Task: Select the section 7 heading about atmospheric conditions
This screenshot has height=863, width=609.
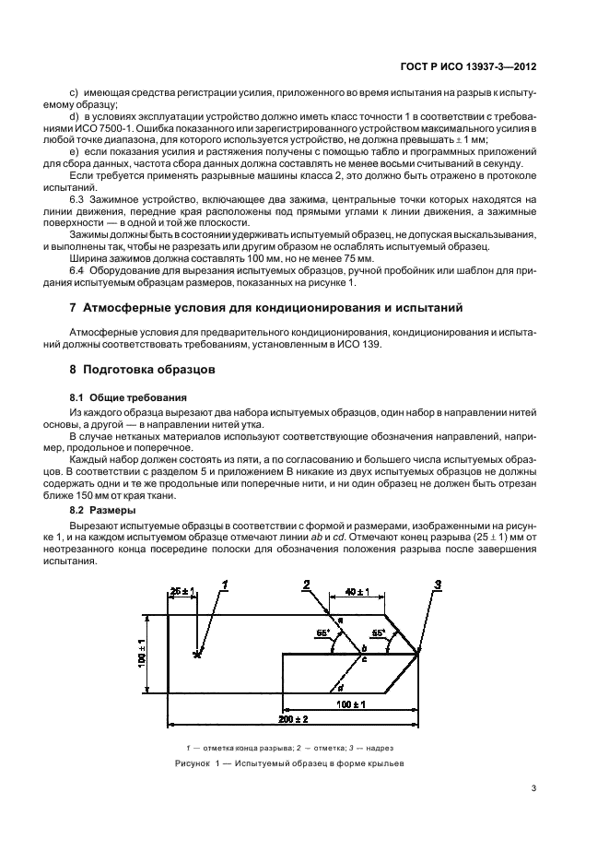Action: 261,306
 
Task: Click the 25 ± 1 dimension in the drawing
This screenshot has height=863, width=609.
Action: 182,590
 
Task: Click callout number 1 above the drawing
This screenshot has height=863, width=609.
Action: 224,583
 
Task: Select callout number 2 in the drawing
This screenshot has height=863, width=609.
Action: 307,583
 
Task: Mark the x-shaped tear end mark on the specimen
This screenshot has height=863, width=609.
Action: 196,655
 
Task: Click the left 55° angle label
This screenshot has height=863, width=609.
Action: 322,634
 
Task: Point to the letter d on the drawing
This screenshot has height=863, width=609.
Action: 341,687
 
